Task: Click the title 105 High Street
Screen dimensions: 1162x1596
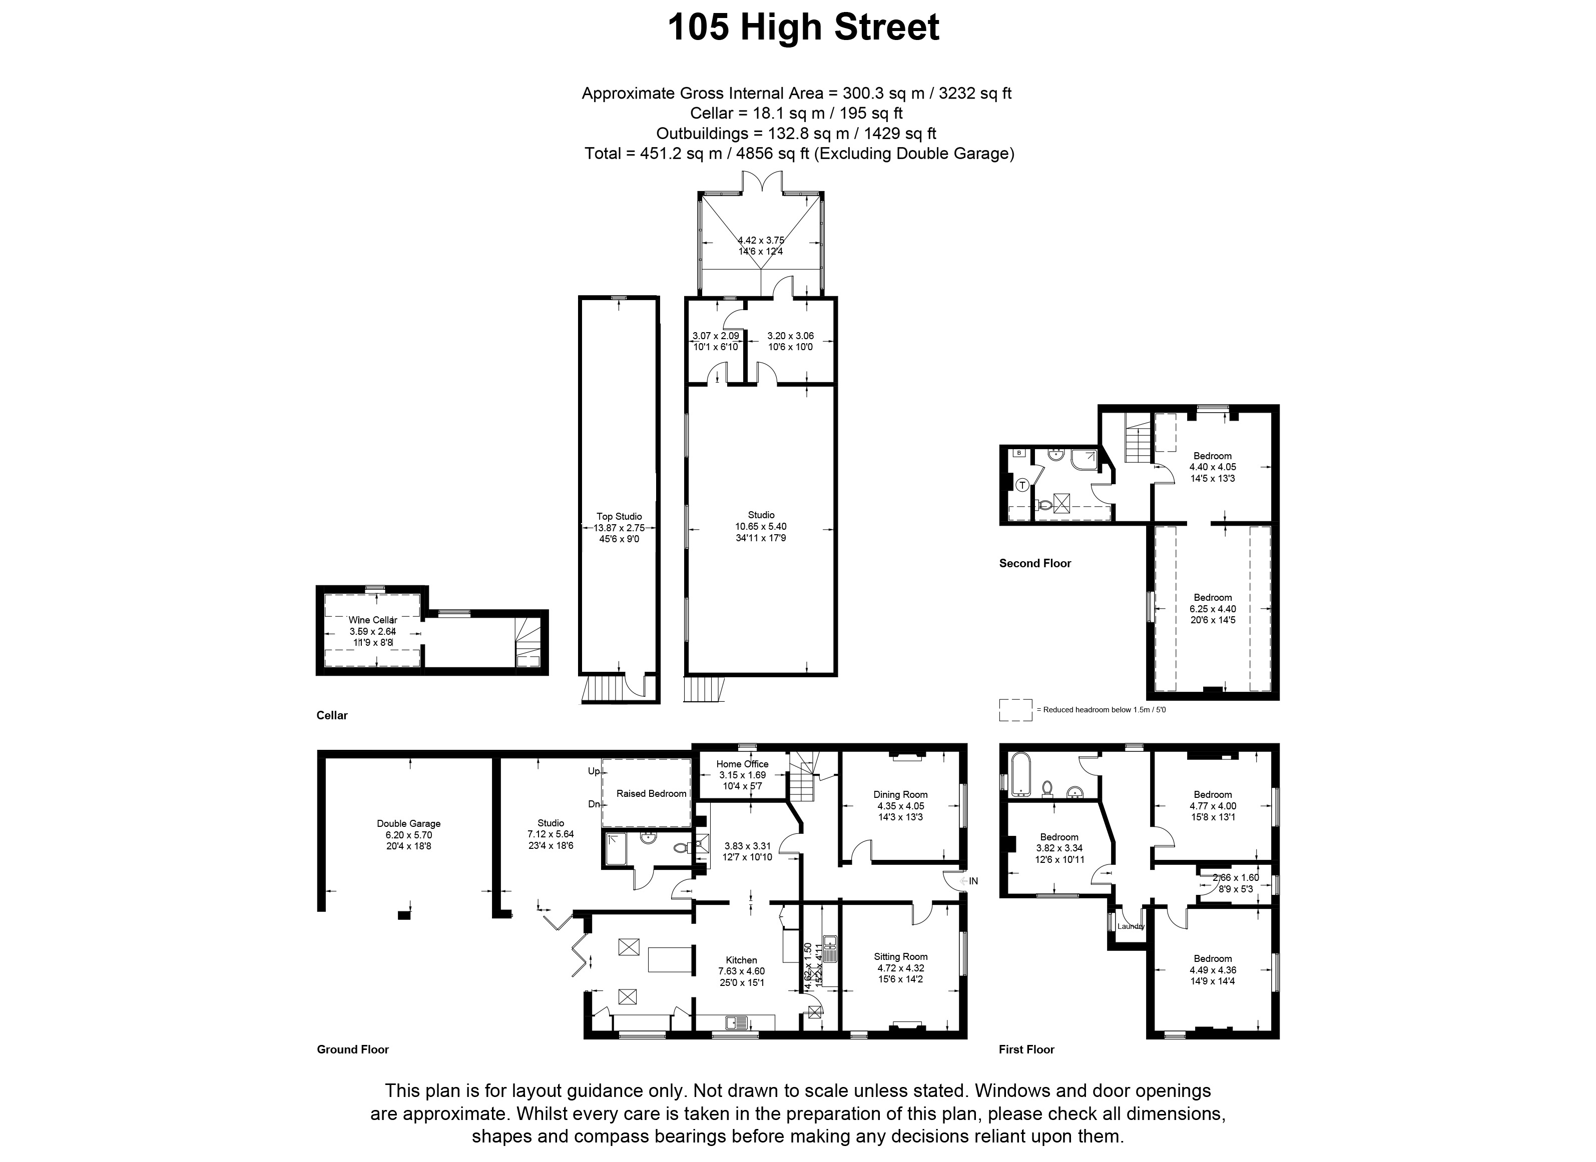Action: click(803, 28)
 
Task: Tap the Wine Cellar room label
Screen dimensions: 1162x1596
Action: click(373, 620)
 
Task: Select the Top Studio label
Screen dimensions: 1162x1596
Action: click(619, 516)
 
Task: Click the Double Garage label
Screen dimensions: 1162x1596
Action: click(408, 824)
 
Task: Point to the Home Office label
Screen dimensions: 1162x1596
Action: click(742, 764)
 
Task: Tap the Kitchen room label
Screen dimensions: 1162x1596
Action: click(741, 960)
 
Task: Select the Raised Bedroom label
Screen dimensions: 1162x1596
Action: click(651, 793)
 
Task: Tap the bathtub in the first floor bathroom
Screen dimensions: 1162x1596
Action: click(1019, 774)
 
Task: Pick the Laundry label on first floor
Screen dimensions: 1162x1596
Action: click(1131, 926)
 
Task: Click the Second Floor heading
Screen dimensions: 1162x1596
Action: click(1034, 563)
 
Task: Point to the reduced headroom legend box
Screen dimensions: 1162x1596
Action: click(1015, 710)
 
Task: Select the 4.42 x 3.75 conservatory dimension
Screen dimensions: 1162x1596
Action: click(761, 240)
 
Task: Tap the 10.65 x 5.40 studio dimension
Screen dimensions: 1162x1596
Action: click(761, 526)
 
